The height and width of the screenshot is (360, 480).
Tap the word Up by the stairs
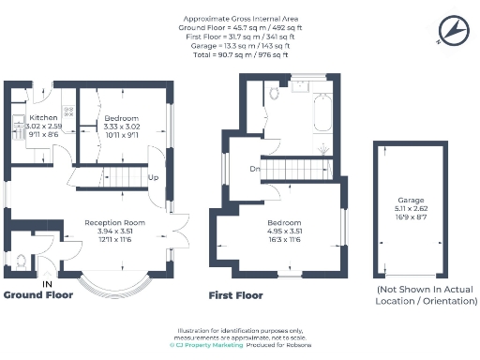point(153,177)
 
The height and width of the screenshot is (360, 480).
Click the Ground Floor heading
point(39,294)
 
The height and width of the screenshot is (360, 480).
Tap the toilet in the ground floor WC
point(21,260)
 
